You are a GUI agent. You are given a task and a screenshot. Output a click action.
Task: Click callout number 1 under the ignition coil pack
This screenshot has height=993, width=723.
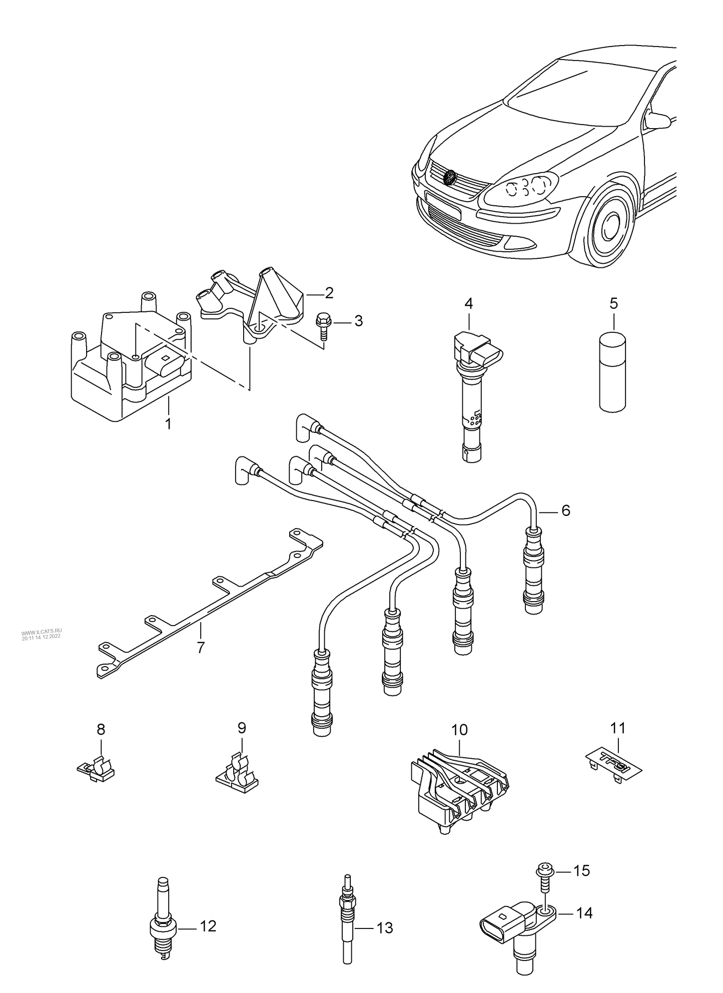click(x=168, y=423)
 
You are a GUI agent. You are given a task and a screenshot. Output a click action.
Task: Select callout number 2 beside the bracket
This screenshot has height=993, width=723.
click(x=329, y=293)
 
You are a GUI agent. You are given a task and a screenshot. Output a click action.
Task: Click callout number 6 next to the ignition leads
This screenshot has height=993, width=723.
click(x=565, y=511)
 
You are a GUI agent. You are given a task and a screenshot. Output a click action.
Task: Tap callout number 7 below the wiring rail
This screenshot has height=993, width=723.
click(x=201, y=647)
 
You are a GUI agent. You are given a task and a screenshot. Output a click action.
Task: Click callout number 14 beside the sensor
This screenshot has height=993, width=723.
click(x=583, y=913)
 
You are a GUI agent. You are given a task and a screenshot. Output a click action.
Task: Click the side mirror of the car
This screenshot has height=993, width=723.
click(x=657, y=120)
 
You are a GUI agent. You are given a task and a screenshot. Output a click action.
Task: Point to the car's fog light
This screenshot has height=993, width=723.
click(x=516, y=243)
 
